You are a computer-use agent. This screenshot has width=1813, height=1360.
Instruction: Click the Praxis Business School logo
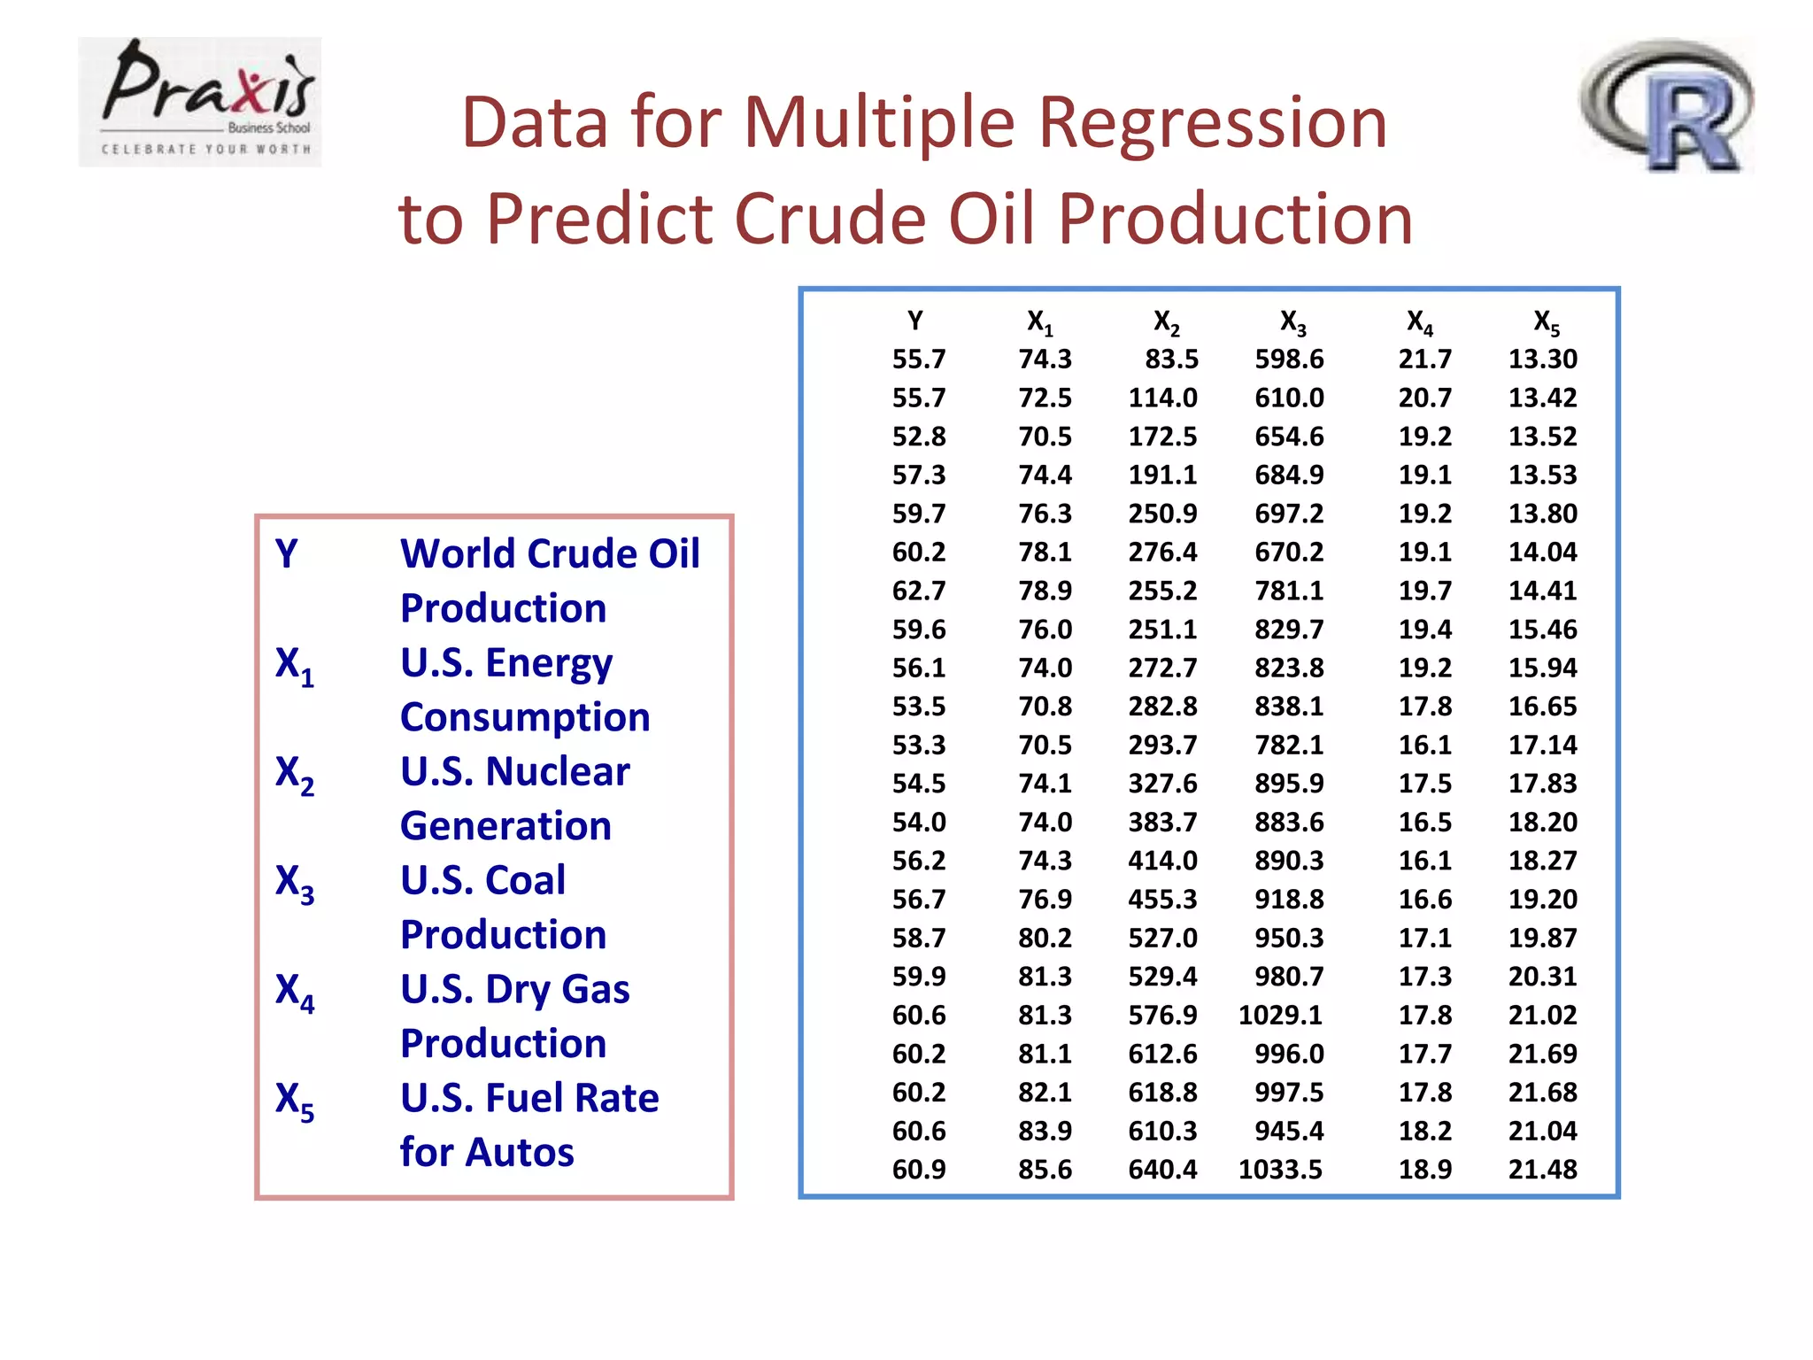pos(200,102)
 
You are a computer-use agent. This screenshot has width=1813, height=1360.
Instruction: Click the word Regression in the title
pos(1212,122)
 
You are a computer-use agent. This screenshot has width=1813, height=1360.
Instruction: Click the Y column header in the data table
pos(915,321)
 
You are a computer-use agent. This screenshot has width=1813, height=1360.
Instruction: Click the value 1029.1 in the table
pos(1280,1015)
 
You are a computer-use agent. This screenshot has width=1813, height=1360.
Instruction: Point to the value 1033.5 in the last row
pos(1280,1170)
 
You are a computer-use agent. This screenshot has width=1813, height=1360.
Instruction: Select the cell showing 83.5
pos(1171,359)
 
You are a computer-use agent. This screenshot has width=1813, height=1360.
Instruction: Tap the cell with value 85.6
pos(1045,1170)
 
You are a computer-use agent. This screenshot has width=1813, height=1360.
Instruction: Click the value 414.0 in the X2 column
pos(1162,861)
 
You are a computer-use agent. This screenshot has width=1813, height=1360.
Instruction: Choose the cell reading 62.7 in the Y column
pos(919,591)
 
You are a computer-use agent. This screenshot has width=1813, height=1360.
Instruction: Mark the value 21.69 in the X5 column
pos(1542,1054)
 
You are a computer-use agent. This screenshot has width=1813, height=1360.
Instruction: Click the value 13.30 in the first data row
pos(1542,359)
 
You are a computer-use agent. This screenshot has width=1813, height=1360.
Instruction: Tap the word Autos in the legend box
pos(522,1152)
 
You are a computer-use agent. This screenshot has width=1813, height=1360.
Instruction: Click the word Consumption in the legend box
pos(525,717)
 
